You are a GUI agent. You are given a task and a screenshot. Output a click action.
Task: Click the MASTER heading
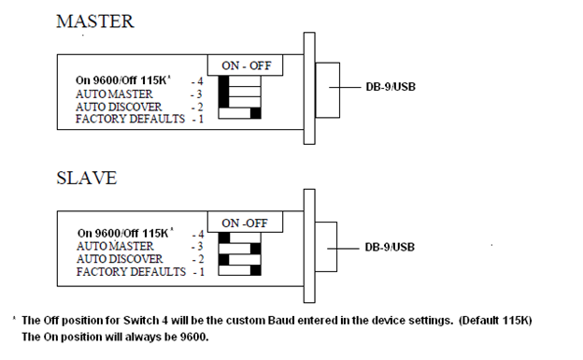[94, 22]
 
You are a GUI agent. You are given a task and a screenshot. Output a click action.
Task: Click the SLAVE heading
[87, 178]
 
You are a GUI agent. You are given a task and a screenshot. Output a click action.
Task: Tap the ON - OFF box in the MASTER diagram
[245, 65]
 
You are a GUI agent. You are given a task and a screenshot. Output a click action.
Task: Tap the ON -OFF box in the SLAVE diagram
[245, 223]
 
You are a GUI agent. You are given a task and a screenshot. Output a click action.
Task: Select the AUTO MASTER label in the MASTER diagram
[114, 94]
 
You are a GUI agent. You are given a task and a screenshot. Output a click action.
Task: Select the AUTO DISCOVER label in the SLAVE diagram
[120, 259]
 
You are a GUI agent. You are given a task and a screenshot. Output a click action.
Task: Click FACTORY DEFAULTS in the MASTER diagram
[130, 119]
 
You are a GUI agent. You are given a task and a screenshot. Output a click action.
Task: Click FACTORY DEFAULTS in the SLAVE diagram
[131, 271]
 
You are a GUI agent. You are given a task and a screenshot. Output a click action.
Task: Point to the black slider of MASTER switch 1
[256, 113]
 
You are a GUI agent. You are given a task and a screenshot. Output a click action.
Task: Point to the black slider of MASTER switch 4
[224, 81]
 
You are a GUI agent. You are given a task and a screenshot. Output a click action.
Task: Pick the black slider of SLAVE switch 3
[256, 249]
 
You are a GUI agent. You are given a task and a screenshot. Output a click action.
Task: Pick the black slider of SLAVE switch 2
[224, 260]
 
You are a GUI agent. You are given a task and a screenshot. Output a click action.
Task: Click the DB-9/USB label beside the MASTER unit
[391, 87]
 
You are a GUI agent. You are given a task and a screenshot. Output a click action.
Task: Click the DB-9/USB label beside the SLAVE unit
[390, 247]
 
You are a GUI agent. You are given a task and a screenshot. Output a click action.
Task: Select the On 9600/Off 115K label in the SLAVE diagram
[123, 233]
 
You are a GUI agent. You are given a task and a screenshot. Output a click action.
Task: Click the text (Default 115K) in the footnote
[495, 321]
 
